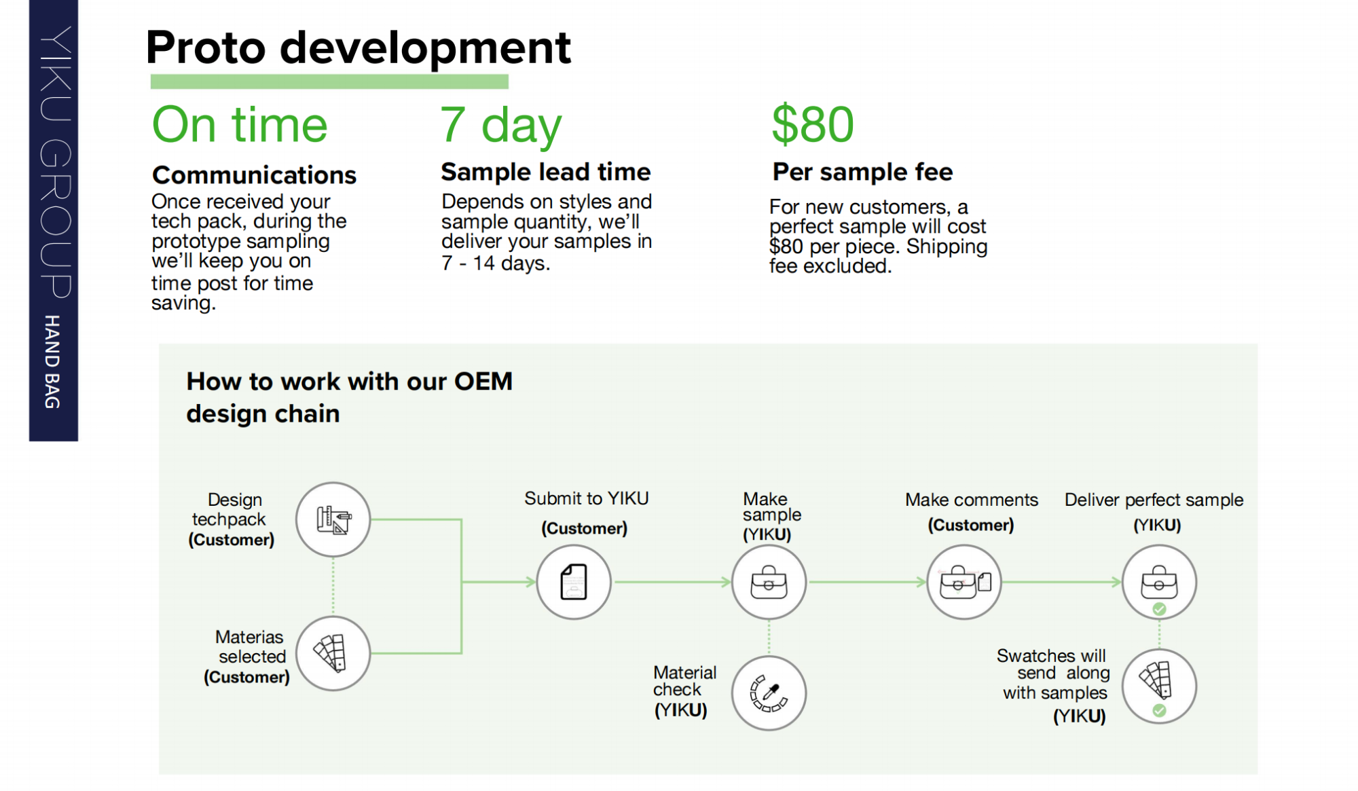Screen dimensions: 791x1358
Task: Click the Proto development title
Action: tap(359, 48)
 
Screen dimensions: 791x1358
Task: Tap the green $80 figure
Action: tap(813, 124)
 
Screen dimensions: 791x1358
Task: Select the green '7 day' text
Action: tap(501, 126)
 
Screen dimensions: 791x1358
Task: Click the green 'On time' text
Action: tap(240, 125)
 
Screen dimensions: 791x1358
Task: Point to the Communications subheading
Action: tap(254, 175)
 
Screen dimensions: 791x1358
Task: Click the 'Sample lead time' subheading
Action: tap(545, 172)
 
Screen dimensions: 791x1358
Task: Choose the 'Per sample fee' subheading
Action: tap(862, 172)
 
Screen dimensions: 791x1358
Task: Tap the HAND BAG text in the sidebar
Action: tap(52, 361)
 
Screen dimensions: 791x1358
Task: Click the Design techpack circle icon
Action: tap(333, 519)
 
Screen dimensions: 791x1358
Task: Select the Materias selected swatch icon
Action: tap(333, 653)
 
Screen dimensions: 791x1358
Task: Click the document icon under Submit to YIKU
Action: tap(574, 582)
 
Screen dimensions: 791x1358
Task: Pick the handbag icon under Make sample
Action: tap(769, 582)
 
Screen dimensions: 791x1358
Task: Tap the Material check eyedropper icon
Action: tap(769, 693)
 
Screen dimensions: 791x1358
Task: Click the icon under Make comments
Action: tap(964, 582)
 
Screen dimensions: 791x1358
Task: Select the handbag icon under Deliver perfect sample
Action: tap(1159, 582)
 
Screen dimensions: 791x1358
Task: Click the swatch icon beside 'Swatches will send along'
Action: tap(1159, 684)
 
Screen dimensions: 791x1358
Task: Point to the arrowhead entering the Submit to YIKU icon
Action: tap(530, 582)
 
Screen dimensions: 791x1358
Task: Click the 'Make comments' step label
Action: tap(971, 500)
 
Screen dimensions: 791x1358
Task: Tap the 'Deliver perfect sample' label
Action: tap(1154, 500)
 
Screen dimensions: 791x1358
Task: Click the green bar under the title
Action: tap(329, 81)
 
